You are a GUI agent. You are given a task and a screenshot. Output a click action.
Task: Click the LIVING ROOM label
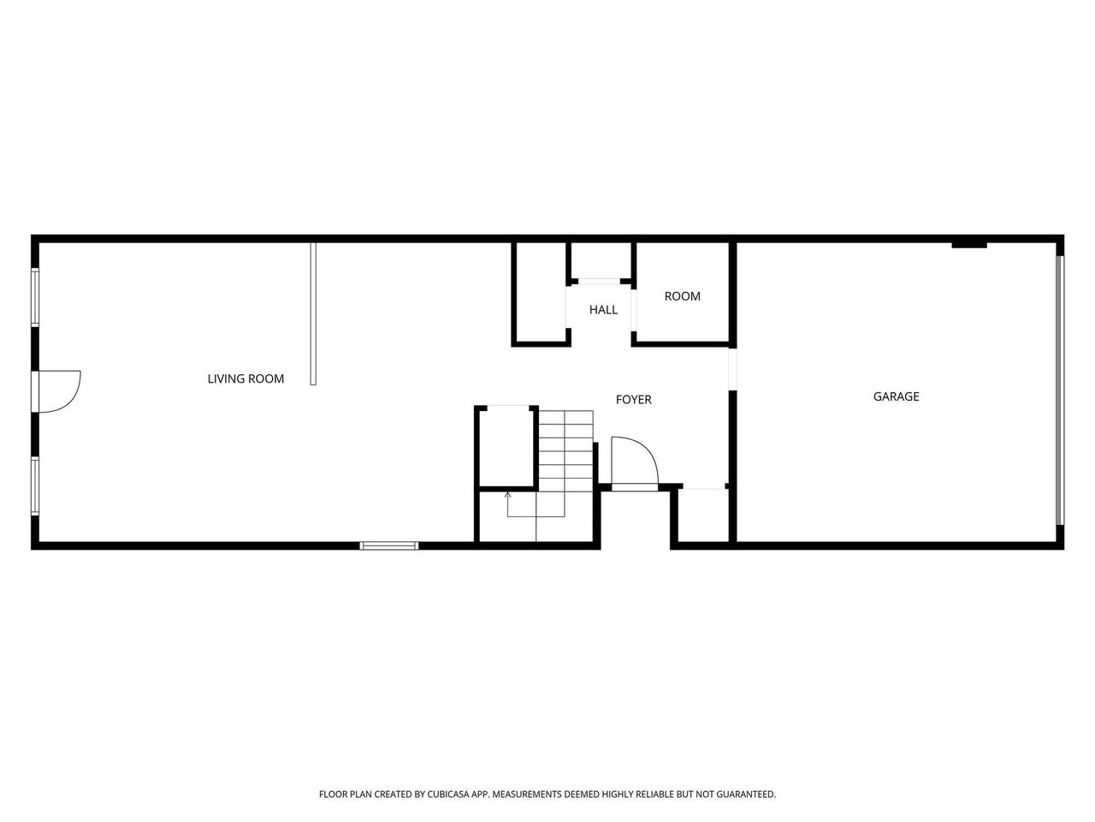click(246, 378)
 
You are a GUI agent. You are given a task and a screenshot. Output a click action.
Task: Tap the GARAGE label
click(896, 396)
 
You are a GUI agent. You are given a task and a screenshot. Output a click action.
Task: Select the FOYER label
click(633, 400)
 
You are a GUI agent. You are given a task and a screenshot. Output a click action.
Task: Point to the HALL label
click(603, 310)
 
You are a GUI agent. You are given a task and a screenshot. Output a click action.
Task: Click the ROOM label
click(682, 296)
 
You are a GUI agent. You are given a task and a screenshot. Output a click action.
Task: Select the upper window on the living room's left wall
click(35, 297)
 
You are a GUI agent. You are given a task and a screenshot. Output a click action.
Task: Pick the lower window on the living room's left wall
click(35, 485)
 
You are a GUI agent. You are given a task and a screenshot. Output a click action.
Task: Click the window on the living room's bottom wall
click(389, 545)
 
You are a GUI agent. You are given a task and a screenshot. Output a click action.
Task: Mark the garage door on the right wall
click(1059, 390)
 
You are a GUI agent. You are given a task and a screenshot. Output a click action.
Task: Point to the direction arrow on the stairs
click(507, 497)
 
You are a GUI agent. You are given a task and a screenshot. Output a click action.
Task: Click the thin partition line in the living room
click(313, 313)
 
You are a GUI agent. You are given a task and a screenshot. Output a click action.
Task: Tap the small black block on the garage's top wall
click(969, 245)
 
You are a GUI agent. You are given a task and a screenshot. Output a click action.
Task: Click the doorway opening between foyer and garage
click(732, 368)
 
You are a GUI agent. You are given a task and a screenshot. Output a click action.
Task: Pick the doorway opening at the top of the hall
click(601, 280)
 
